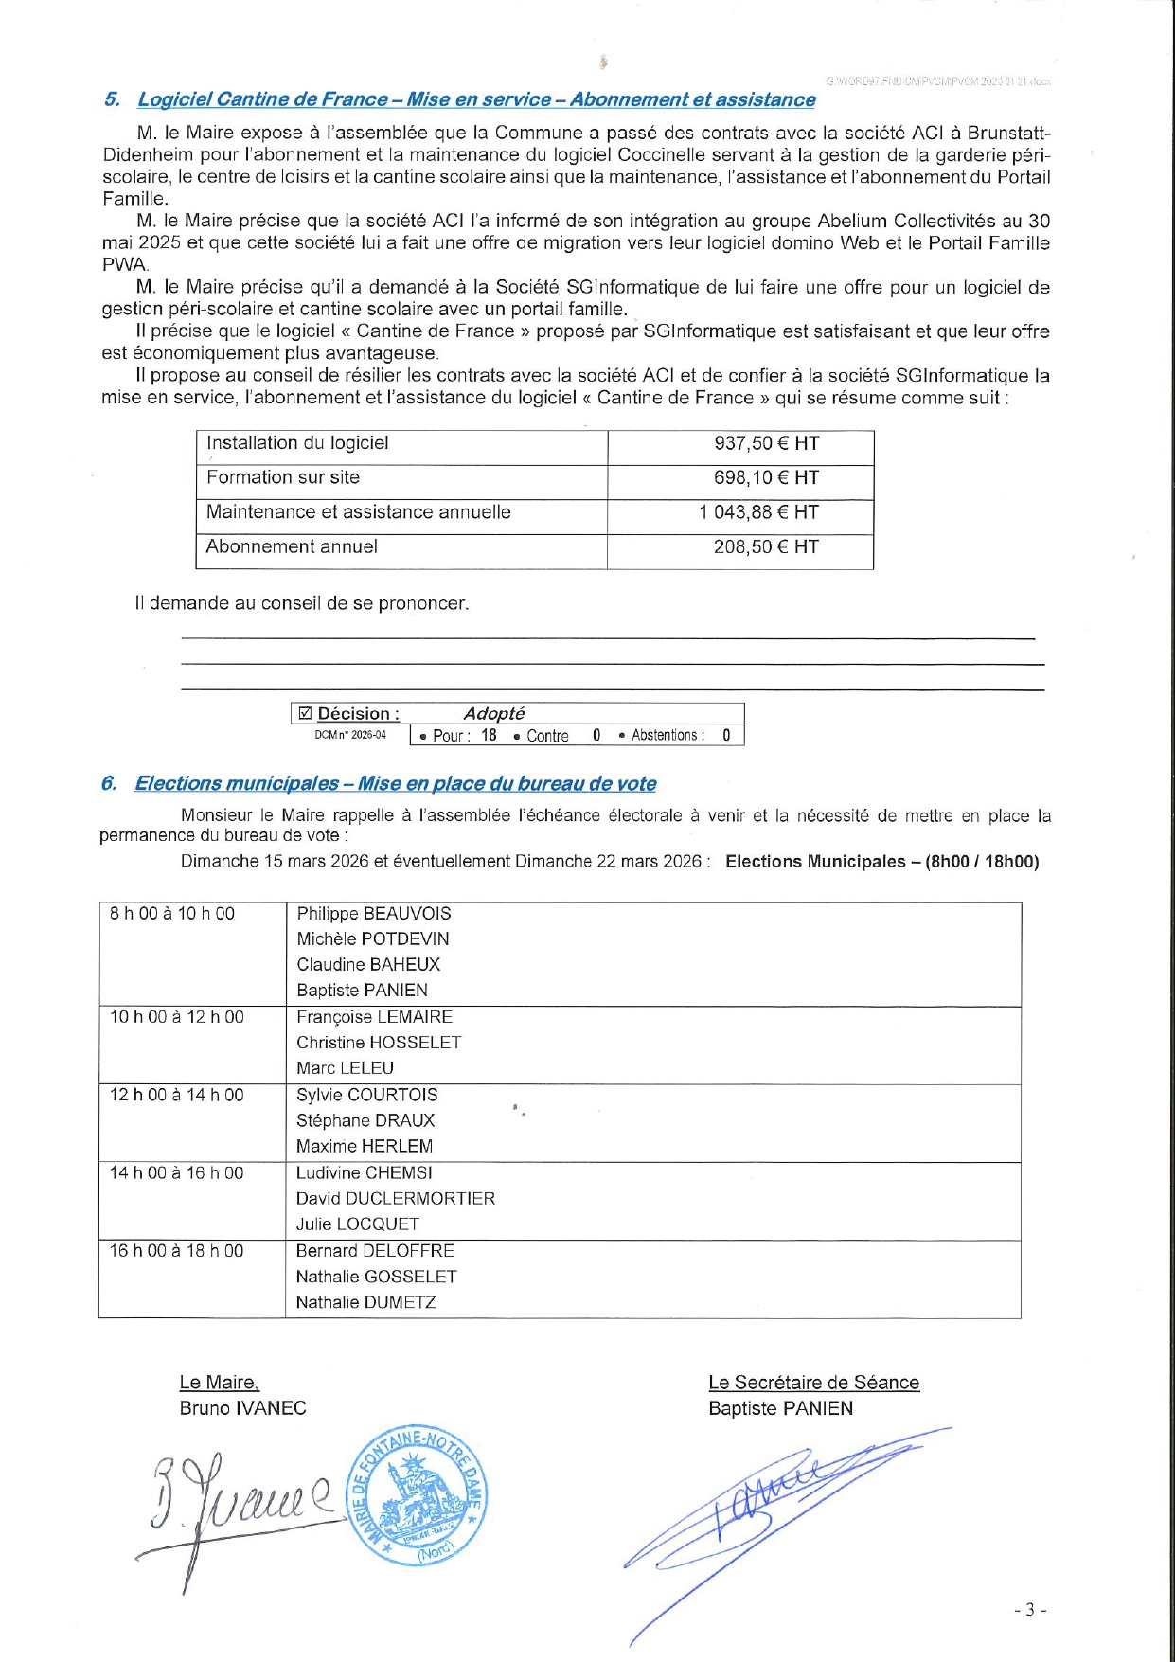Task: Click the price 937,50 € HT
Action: [766, 443]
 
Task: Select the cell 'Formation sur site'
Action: [283, 477]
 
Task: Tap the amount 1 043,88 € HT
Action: [758, 512]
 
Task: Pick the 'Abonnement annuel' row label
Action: [292, 546]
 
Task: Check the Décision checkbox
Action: [305, 713]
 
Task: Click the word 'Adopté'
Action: [493, 713]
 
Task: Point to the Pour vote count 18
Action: [489, 735]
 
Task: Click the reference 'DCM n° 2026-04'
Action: [350, 735]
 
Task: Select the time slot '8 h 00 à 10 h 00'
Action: [172, 913]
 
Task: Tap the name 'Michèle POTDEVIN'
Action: [373, 938]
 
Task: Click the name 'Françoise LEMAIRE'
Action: [374, 1016]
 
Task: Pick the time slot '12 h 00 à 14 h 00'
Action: [176, 1095]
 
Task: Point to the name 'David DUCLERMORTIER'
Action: [396, 1198]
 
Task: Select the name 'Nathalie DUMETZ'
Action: [366, 1302]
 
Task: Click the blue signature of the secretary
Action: [767, 1506]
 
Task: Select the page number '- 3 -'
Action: [1029, 1609]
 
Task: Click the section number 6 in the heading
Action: [109, 783]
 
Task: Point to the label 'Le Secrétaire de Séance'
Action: [813, 1383]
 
